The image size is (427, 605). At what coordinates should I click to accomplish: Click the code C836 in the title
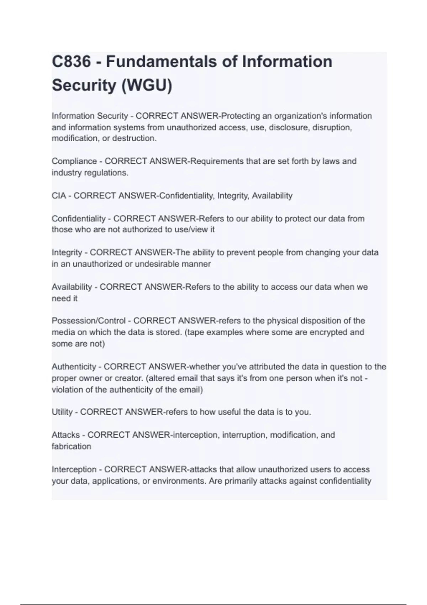[72, 62]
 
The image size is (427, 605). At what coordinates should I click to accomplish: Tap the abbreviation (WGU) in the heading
[147, 85]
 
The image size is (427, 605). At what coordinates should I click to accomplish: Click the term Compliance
[74, 161]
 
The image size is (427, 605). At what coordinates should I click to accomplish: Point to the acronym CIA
[59, 196]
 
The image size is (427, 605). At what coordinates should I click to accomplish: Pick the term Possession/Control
[89, 321]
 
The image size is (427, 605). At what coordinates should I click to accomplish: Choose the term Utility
[62, 412]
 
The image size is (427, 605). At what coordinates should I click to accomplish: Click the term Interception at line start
[74, 469]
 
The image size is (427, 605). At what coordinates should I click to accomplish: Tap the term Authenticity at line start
[74, 367]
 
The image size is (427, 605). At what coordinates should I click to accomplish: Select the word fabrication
[71, 446]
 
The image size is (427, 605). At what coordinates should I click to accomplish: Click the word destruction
[134, 138]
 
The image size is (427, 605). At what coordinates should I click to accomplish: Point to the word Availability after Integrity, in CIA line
[272, 196]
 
